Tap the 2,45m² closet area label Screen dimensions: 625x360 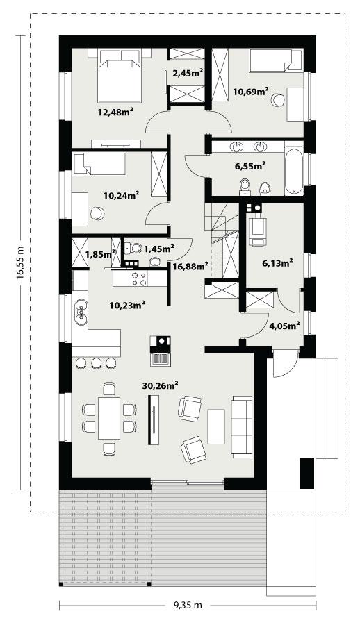pos(188,72)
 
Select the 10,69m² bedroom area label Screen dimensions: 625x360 pos(251,90)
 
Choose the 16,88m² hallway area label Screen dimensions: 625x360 pos(190,266)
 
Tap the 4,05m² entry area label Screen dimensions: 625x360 pos(285,324)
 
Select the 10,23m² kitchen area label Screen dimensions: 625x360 pos(127,303)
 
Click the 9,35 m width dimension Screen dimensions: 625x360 pos(188,605)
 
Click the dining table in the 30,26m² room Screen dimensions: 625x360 pos(109,417)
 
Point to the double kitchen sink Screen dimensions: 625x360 pos(83,312)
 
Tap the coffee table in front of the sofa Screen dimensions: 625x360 pos(216,426)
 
